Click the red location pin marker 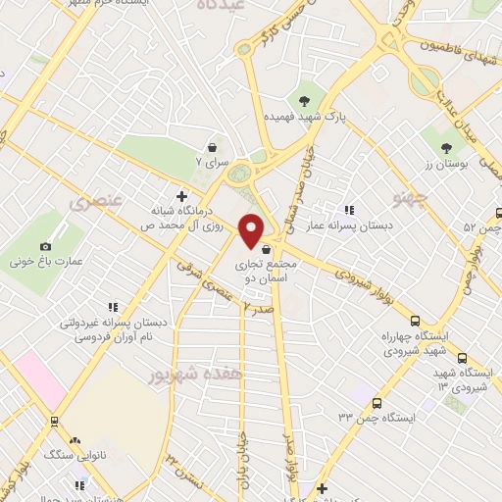tap(252, 229)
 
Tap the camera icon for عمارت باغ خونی tap(45, 246)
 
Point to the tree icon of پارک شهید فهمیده tap(304, 99)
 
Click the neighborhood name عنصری tap(93, 203)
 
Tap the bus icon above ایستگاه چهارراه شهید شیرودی tap(414, 320)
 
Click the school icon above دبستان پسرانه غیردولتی tap(113, 306)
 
